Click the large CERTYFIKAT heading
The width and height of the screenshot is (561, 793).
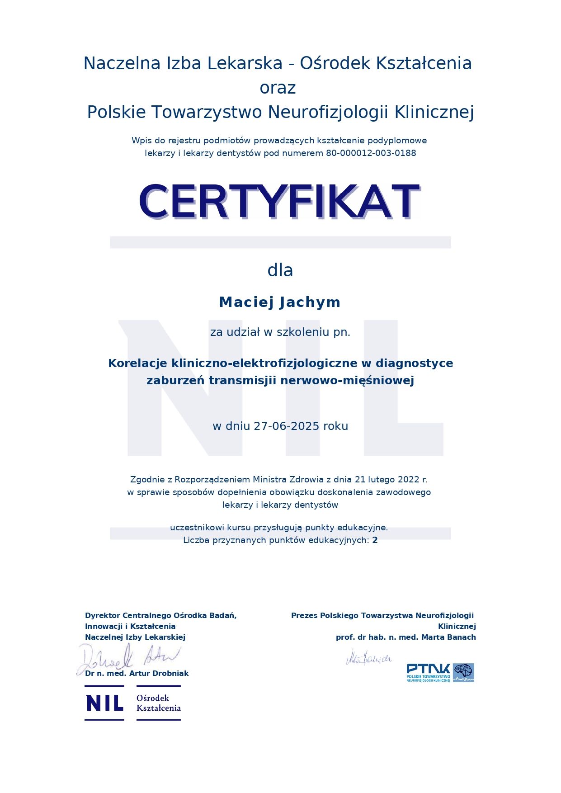tap(279, 201)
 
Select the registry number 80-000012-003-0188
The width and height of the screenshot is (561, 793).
tap(371, 153)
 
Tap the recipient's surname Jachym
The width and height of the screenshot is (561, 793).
tap(310, 302)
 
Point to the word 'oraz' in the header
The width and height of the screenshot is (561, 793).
tap(278, 88)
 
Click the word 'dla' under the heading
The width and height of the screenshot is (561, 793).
tap(280, 270)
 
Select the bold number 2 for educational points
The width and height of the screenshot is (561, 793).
tap(375, 540)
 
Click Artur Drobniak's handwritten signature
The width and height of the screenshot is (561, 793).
tap(129, 658)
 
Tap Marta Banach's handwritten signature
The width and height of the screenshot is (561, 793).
tap(368, 658)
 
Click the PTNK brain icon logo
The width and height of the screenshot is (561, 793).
tap(463, 673)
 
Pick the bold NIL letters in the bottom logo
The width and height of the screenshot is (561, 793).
tap(104, 703)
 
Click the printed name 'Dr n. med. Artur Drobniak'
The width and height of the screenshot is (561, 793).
tap(137, 674)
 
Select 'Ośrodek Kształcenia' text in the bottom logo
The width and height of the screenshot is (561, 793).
tap(158, 703)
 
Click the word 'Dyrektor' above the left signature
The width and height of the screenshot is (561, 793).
tap(103, 616)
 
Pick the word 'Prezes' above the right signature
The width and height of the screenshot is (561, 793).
tap(304, 616)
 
